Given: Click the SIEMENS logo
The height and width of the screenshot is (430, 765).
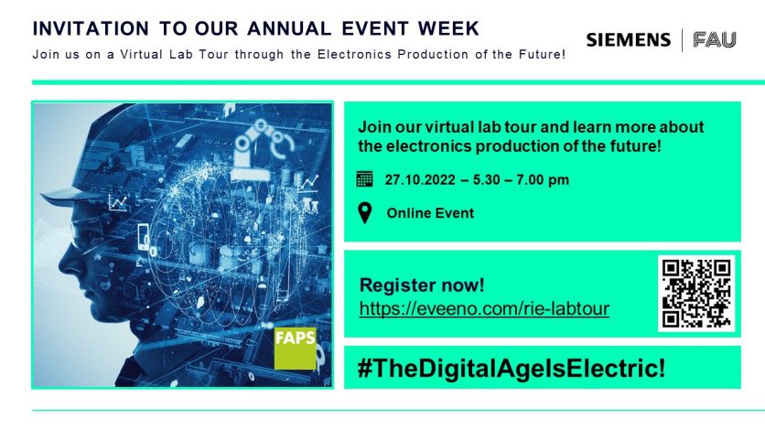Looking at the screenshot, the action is (x=629, y=40).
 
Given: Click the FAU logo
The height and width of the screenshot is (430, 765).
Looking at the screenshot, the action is (x=715, y=40).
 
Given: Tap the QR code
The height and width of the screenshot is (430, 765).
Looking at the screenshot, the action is (x=696, y=294).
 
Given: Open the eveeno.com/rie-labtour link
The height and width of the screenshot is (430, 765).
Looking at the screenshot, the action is (x=484, y=308).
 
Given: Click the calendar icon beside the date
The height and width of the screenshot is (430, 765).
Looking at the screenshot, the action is (x=364, y=179).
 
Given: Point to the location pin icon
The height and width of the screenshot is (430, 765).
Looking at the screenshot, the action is (x=365, y=213).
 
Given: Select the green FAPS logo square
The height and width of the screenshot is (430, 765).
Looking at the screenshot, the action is (x=296, y=348).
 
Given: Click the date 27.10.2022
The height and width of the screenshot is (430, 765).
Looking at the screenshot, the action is (x=420, y=180).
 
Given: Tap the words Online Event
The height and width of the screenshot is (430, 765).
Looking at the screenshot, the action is (x=430, y=213).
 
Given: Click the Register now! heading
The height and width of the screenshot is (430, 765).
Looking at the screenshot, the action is (x=422, y=285).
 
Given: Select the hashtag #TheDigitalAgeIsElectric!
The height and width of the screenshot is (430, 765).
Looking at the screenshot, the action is (x=512, y=368).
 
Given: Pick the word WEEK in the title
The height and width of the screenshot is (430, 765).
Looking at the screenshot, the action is (x=448, y=28).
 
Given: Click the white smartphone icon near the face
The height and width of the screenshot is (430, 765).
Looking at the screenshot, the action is (x=144, y=236).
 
